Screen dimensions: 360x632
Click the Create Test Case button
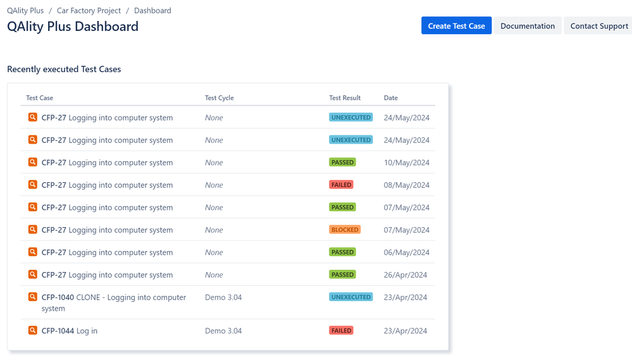(456, 26)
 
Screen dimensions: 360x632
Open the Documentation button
(527, 26)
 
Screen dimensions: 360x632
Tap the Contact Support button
(598, 26)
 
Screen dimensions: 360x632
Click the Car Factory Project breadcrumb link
(89, 10)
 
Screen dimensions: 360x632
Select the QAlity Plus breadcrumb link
(25, 10)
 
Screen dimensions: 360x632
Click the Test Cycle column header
(219, 98)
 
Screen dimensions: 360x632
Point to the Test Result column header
(345, 98)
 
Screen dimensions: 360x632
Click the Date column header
(390, 98)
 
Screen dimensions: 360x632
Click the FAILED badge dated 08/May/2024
(341, 185)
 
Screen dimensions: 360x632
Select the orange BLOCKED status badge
(345, 230)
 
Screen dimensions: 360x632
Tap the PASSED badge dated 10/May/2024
(342, 163)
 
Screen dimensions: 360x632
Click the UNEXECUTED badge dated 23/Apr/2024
(350, 297)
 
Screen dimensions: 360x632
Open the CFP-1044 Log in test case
(70, 331)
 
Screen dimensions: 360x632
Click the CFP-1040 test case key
(58, 297)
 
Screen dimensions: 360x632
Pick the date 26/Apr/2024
(405, 275)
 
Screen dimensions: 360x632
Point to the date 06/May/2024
(406, 252)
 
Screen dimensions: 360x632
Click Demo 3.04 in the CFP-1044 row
(223, 331)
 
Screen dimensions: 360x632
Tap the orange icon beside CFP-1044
(33, 330)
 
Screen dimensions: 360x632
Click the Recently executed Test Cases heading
(64, 69)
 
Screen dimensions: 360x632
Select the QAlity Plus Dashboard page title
(73, 27)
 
